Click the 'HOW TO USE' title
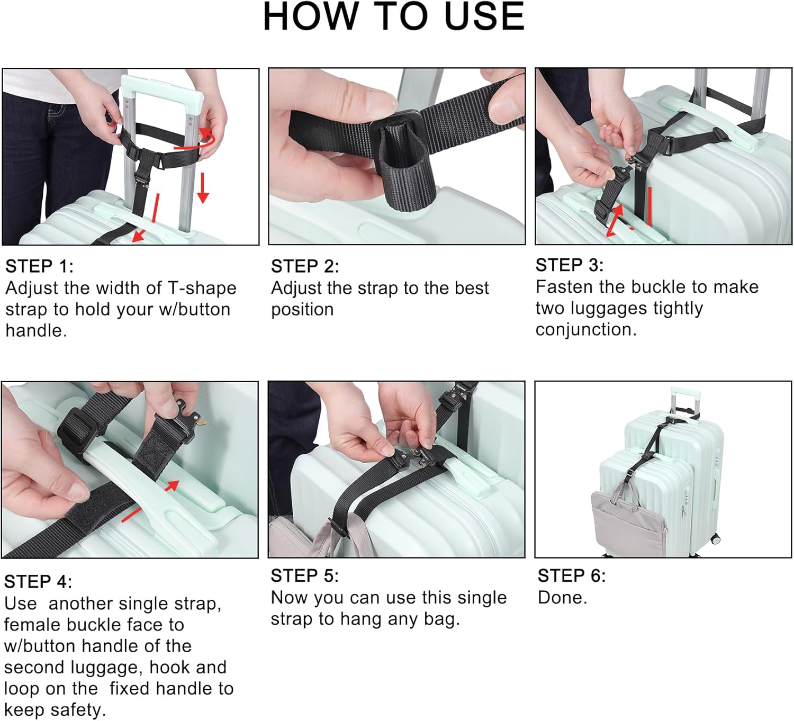(x=394, y=16)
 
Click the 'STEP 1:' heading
(x=40, y=266)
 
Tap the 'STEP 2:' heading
(x=305, y=266)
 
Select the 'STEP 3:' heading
(x=570, y=265)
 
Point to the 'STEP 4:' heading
(x=39, y=582)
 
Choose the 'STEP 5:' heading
(x=305, y=576)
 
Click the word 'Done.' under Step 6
(x=562, y=598)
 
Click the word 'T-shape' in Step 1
(x=202, y=288)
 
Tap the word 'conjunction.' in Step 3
(x=586, y=329)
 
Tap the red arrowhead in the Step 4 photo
(x=173, y=485)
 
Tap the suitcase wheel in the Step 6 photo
(x=715, y=539)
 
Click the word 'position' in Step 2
(x=302, y=310)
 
